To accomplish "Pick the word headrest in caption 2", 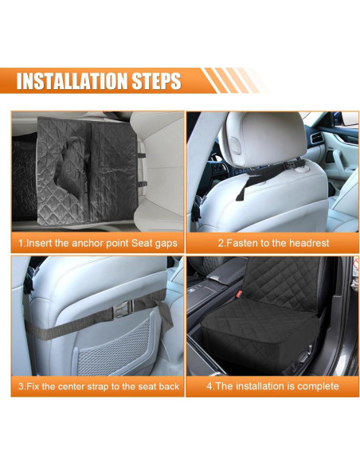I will coord(303,242).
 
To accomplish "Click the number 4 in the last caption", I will coord(210,386).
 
